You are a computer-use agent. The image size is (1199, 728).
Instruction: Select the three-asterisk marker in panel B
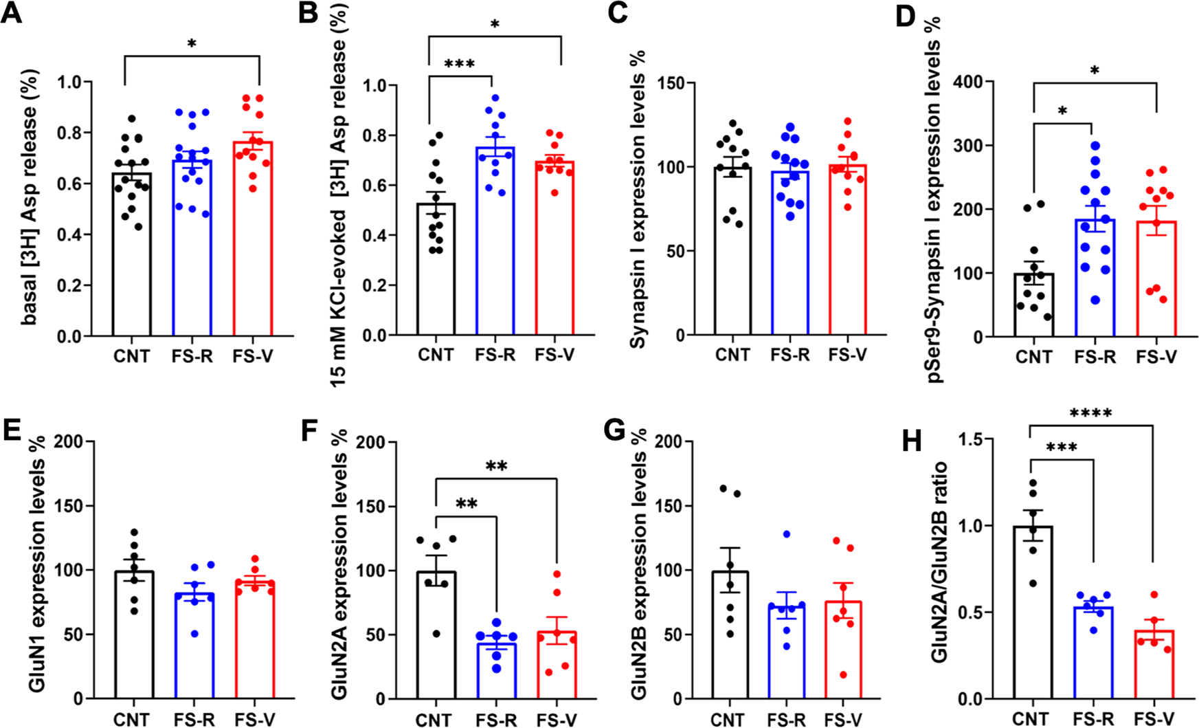(x=460, y=64)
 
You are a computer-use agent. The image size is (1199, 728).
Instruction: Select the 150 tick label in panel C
(x=675, y=84)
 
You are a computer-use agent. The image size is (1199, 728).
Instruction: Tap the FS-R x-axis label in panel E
(x=193, y=718)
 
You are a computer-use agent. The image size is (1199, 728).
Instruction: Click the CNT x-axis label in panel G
(x=730, y=718)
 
